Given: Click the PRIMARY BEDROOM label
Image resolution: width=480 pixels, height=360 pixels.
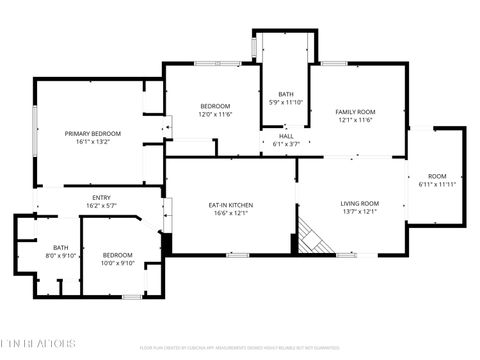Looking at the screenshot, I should coord(93,133).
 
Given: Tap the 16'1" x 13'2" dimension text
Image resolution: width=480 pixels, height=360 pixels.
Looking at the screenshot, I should coord(93,142).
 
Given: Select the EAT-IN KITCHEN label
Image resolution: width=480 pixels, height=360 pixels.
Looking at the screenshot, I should coord(231,205).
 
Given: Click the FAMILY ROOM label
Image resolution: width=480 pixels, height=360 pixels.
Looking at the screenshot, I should coord(355,111).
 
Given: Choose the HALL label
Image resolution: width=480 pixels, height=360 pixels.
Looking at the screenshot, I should coord(286,136).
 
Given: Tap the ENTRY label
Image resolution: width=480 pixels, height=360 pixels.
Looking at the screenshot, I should coord(102,197).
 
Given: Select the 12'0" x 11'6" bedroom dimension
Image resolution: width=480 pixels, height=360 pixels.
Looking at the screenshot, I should coord(215,115).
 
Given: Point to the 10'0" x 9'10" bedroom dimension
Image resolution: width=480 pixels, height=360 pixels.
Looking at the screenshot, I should coord(117,264).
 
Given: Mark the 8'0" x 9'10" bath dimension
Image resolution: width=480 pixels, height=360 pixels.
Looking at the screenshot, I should coord(61,256).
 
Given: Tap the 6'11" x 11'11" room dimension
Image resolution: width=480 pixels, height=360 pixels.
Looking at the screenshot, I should coord(437,184).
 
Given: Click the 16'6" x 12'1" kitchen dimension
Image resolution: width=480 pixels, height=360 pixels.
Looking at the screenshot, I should coord(231,214).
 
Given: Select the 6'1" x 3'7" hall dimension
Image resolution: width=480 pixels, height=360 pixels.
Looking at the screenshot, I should coord(286,144).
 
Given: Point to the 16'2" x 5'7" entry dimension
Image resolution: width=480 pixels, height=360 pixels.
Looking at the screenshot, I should coord(102,206).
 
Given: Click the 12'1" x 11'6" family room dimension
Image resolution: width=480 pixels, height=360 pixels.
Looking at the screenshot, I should coord(355,120).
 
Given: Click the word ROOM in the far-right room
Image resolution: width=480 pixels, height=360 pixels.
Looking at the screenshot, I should coord(437,175).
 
